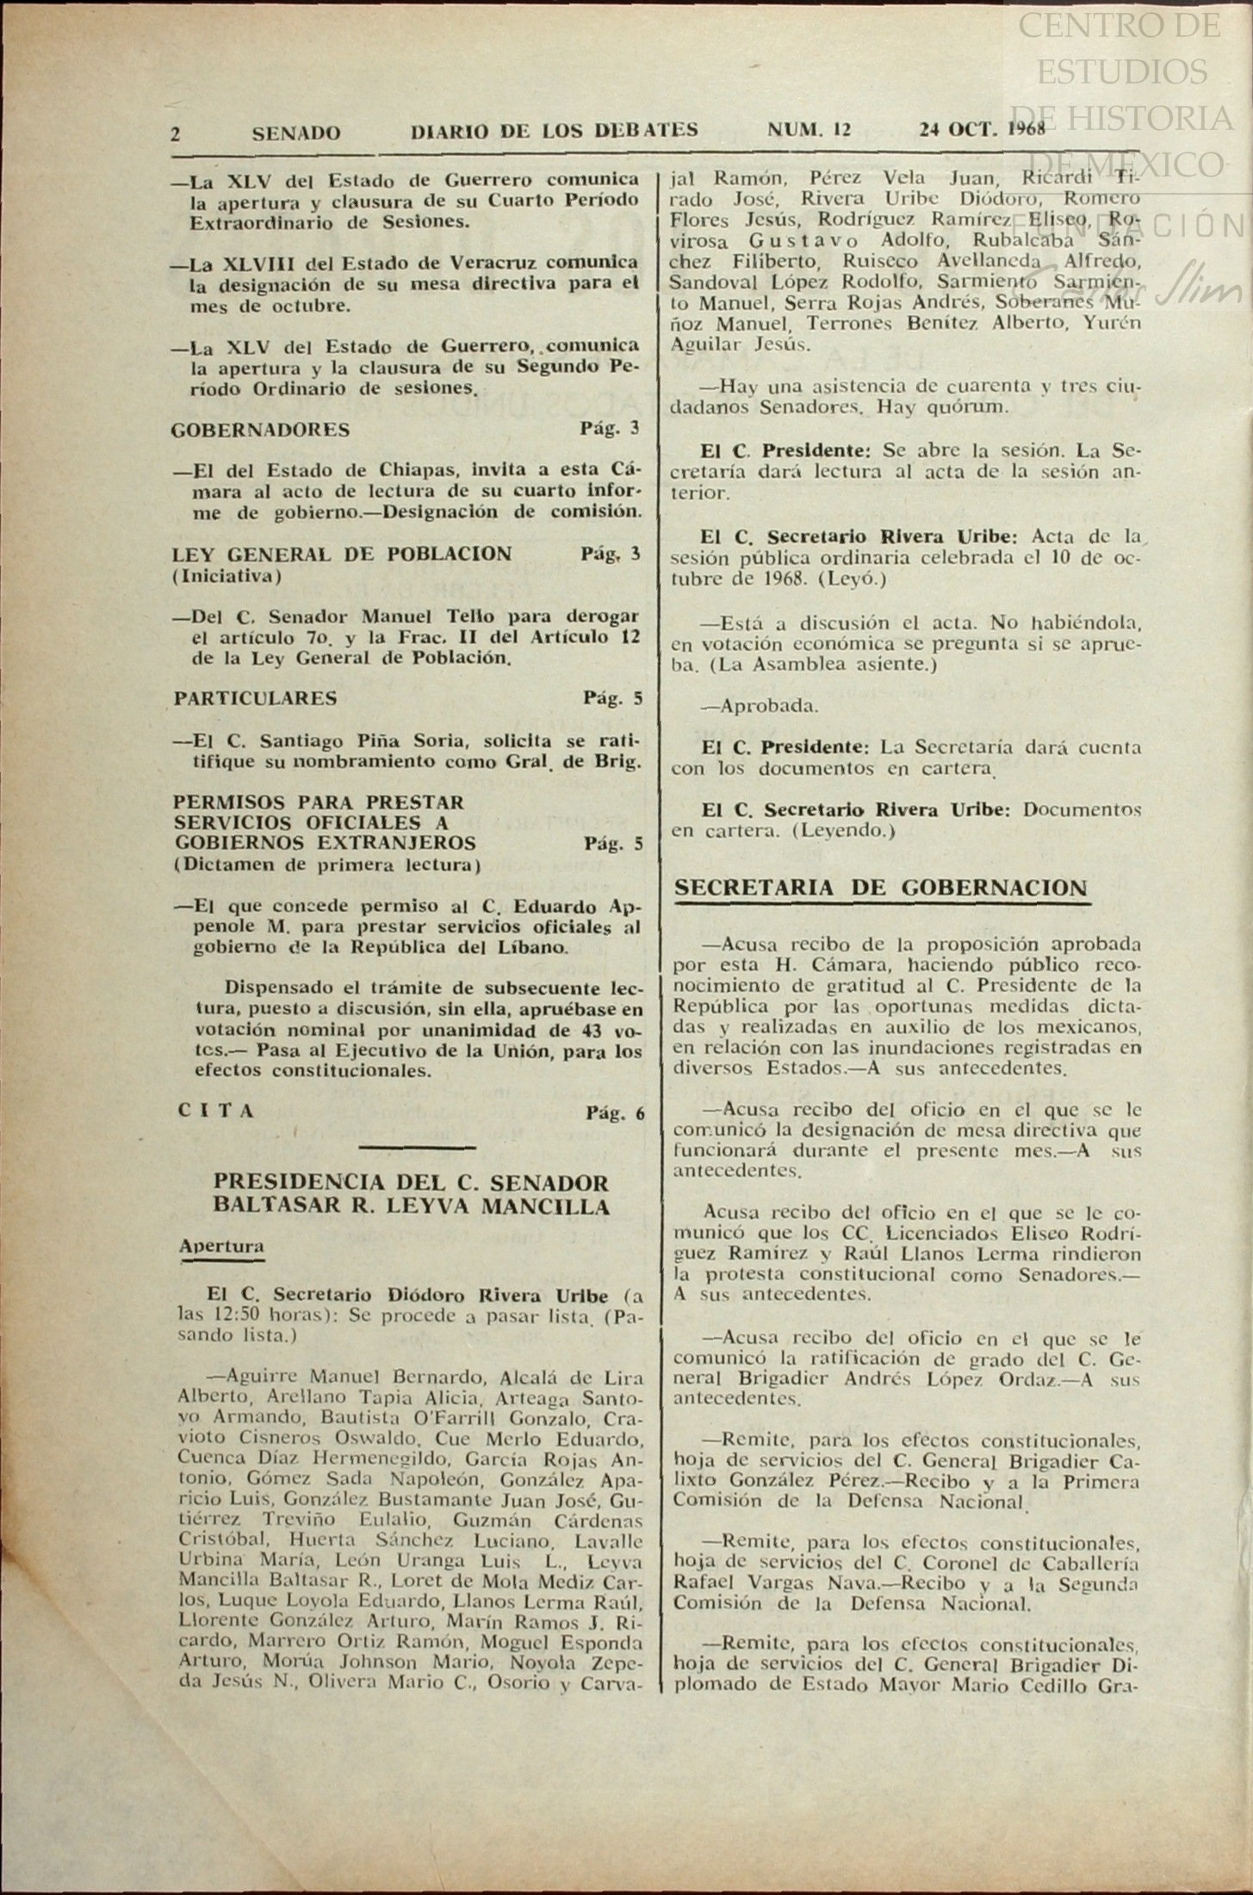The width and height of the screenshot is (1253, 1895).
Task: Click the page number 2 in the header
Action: click(x=176, y=133)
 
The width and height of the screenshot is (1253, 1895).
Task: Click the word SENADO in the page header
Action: click(x=295, y=133)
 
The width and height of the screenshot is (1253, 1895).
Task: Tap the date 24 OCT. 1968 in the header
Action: click(x=982, y=129)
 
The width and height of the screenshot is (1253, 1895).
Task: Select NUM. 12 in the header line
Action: click(x=809, y=130)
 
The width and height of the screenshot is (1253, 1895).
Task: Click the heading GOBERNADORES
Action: click(x=261, y=430)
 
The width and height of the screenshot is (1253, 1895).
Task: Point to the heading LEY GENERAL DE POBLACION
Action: click(x=342, y=554)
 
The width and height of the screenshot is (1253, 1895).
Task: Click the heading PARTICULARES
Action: click(x=255, y=698)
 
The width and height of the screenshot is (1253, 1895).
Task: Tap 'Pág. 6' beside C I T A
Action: click(x=614, y=1113)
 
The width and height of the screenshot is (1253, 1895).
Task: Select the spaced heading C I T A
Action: click(x=216, y=1111)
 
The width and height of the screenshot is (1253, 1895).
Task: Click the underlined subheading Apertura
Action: click(x=221, y=1246)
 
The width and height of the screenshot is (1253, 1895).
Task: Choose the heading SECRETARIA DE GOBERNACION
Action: click(x=881, y=888)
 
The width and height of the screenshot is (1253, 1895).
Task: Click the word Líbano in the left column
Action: click(x=537, y=948)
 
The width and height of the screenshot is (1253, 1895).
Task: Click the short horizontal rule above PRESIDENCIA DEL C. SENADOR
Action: click(x=417, y=1147)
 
